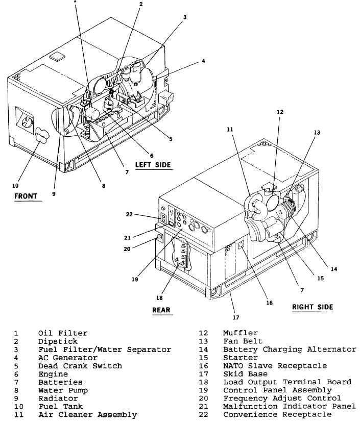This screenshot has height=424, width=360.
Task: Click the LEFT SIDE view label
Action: (x=153, y=165)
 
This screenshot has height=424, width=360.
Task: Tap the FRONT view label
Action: (x=26, y=196)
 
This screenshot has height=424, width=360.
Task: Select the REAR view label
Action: (x=161, y=310)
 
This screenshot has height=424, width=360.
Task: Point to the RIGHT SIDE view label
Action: (x=313, y=307)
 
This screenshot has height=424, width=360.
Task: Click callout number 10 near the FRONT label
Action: (x=15, y=186)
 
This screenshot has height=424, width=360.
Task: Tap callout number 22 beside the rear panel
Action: (x=129, y=214)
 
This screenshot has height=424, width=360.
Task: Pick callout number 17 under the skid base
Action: (x=236, y=317)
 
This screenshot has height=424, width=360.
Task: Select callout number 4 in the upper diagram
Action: (x=203, y=61)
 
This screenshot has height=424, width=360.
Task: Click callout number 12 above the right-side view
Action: (x=280, y=112)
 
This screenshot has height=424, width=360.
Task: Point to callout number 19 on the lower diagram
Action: (x=135, y=279)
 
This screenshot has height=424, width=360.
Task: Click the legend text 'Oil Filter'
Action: (x=63, y=333)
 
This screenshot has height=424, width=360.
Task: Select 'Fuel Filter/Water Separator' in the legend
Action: (x=105, y=350)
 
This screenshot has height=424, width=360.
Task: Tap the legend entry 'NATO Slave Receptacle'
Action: (x=275, y=366)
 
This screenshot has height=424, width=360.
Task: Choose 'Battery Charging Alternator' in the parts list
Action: (x=290, y=350)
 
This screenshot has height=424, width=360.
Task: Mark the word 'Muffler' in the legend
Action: (x=241, y=333)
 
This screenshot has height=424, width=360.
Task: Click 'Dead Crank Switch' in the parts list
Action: (x=80, y=366)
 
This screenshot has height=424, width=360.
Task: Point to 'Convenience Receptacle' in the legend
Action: (x=277, y=414)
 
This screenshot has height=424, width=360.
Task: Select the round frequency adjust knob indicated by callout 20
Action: (x=159, y=237)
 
